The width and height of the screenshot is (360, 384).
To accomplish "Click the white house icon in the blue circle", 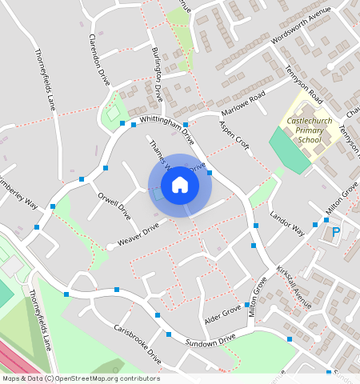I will [180, 185].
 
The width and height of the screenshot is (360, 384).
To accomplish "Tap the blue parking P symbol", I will [336, 233].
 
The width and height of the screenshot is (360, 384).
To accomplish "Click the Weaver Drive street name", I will [140, 233].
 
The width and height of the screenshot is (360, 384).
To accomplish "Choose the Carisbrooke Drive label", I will [137, 345].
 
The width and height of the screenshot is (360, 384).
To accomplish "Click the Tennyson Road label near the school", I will [304, 85].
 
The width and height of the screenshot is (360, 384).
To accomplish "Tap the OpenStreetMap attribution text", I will [80, 378].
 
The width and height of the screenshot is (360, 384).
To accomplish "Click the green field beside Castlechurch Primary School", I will [289, 150].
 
